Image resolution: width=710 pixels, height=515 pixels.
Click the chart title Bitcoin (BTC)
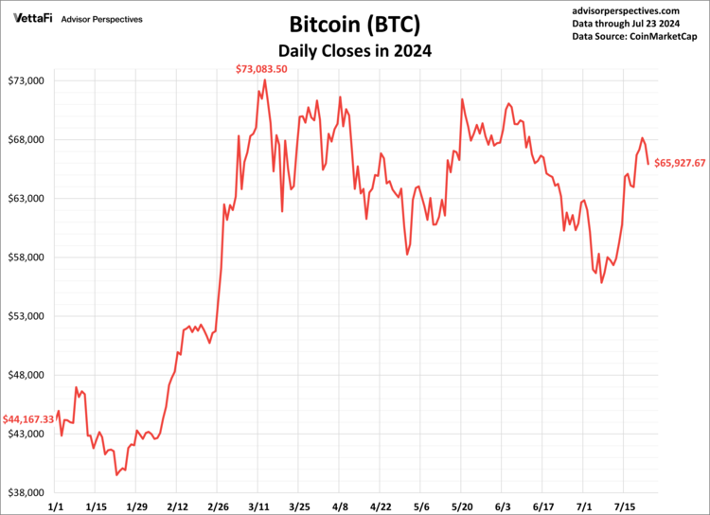[x=354, y=24]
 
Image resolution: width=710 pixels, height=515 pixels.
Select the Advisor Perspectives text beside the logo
[x=101, y=18]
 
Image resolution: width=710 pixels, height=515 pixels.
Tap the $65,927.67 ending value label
[x=680, y=164]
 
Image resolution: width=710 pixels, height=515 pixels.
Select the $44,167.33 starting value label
[x=27, y=418]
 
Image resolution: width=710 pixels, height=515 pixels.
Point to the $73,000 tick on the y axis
[x=28, y=81]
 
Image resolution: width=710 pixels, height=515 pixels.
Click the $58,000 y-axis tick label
[x=28, y=257]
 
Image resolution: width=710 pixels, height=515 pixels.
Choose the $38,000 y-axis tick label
[x=28, y=493]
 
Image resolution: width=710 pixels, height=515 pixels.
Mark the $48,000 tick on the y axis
[x=28, y=375]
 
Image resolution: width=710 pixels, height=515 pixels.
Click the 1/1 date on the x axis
[x=55, y=506]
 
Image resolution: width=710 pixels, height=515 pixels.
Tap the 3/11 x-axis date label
[x=258, y=506]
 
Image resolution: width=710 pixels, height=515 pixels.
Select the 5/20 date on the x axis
[x=462, y=506]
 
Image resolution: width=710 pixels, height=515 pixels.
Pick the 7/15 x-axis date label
[x=625, y=506]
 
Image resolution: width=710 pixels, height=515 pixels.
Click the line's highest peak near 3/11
[x=264, y=80]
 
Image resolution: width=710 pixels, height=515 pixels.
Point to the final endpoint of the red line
[x=648, y=164]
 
